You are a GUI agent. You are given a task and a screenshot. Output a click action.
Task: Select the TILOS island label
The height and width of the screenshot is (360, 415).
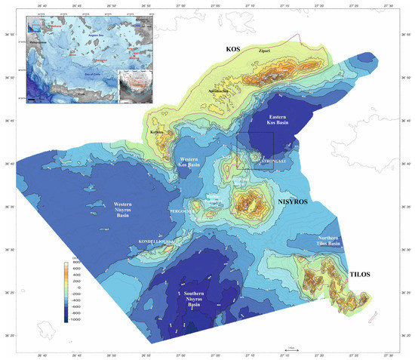point(359,274)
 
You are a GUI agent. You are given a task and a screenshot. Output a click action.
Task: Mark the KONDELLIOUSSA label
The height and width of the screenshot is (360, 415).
point(156,242)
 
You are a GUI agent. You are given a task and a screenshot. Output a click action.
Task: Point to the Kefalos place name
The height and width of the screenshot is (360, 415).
point(157,134)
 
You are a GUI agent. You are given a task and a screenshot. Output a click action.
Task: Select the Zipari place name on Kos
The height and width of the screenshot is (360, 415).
point(264,52)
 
